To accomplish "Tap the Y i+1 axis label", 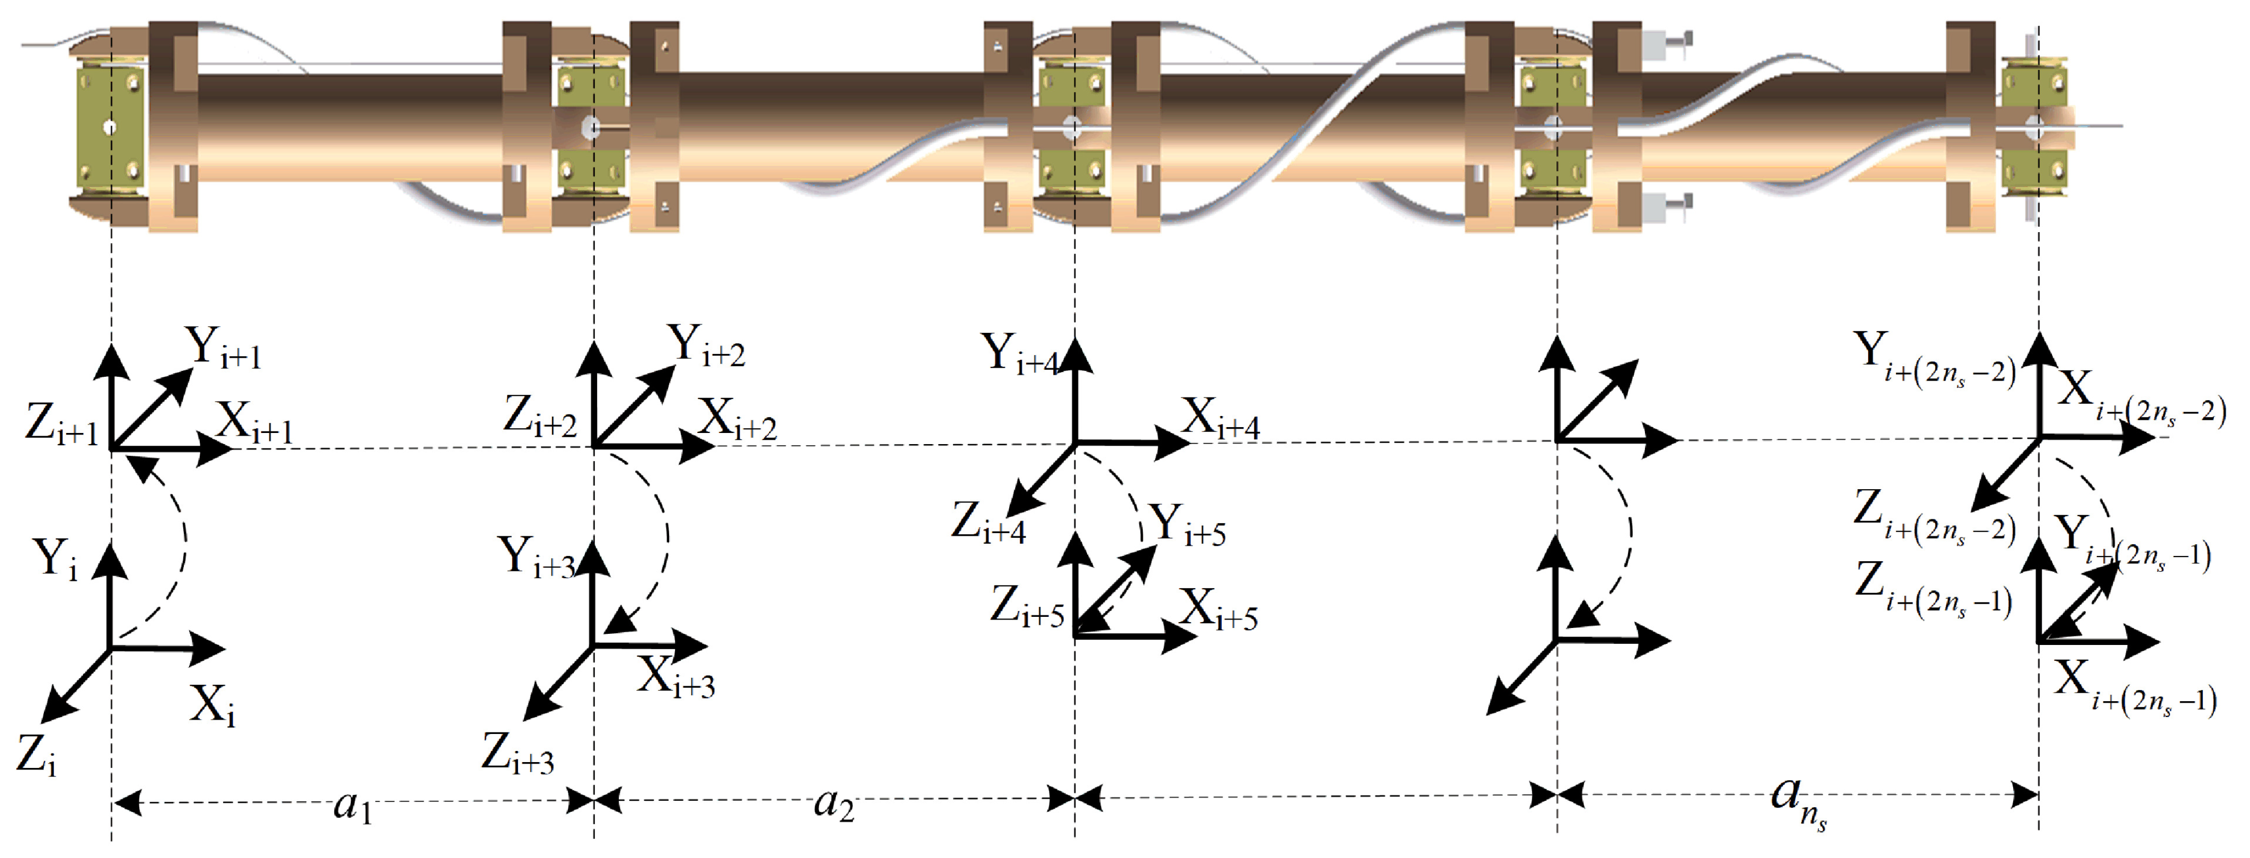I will point(223,348).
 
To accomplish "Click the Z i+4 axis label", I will point(988,523).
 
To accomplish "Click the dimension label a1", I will point(353,806).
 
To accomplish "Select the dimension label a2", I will point(833,804).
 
